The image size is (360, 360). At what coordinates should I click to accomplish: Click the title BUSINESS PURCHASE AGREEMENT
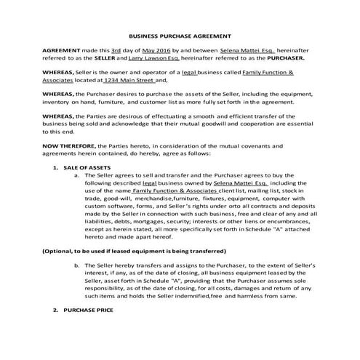click(x=180, y=35)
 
